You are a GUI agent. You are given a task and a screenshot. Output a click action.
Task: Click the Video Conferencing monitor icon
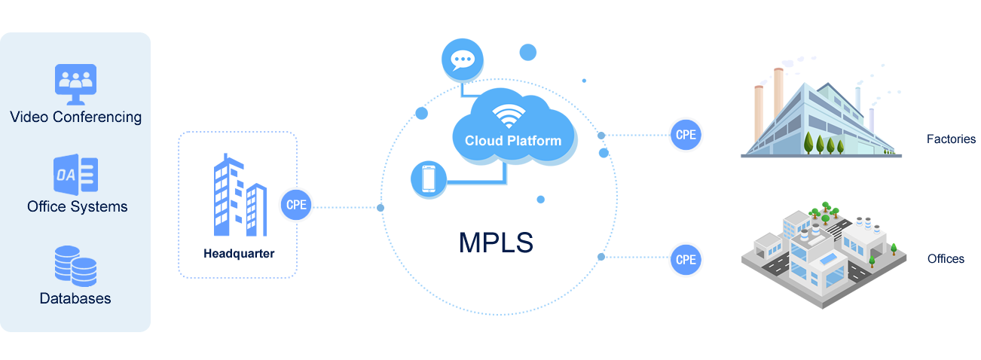click(x=75, y=83)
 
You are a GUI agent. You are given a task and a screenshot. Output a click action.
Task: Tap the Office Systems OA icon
click(x=75, y=175)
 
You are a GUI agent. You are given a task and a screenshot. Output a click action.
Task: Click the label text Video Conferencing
click(x=75, y=117)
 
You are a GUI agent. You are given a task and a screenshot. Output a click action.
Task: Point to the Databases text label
click(x=75, y=298)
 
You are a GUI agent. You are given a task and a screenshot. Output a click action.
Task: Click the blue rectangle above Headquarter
click(x=240, y=194)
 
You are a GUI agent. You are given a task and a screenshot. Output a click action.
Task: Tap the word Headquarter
click(x=239, y=253)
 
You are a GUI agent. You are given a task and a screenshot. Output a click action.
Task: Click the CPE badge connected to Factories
click(x=686, y=136)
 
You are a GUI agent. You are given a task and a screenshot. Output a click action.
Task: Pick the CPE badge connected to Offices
click(x=686, y=259)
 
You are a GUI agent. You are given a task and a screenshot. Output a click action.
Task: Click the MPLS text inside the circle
click(x=496, y=243)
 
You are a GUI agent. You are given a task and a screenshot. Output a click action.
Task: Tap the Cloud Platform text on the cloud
click(x=513, y=140)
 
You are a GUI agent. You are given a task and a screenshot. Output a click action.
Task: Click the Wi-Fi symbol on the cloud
click(x=509, y=117)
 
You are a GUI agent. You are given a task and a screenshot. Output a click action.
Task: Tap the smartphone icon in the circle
click(x=428, y=180)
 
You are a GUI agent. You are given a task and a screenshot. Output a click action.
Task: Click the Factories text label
click(x=951, y=139)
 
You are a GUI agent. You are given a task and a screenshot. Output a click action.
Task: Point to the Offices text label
click(x=946, y=259)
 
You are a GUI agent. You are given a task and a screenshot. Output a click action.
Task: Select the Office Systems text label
click(x=77, y=206)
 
